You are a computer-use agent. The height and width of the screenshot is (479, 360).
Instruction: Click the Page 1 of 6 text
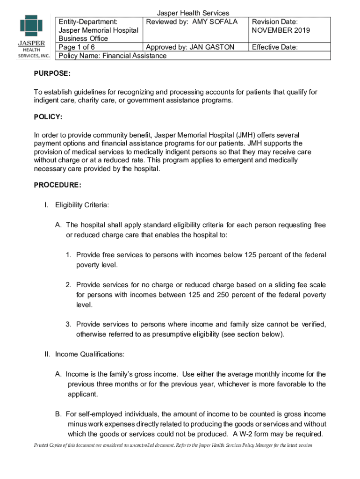click(76, 47)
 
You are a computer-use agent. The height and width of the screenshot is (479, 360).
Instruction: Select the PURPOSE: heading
click(52, 73)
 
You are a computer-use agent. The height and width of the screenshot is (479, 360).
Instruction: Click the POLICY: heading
click(48, 116)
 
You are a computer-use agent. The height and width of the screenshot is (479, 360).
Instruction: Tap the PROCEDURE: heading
click(58, 185)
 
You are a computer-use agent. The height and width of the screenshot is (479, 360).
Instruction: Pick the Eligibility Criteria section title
click(82, 205)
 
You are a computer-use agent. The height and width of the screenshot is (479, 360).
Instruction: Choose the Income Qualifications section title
click(90, 354)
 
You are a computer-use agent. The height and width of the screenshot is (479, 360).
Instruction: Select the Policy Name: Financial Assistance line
click(111, 56)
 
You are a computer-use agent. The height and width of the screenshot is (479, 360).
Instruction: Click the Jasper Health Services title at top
click(193, 13)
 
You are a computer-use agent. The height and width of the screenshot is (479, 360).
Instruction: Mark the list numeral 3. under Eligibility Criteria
click(68, 324)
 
